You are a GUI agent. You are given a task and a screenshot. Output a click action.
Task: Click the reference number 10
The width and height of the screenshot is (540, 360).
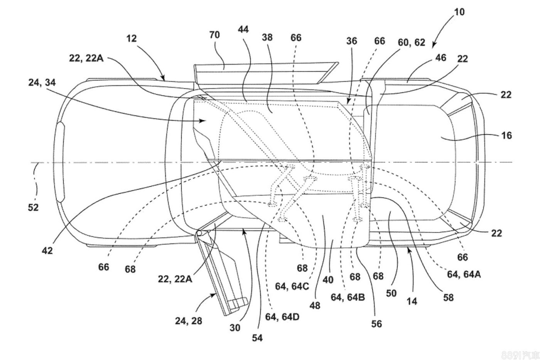pyautogui.click(x=459, y=12)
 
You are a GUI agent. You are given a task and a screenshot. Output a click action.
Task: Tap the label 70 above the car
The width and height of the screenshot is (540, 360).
pyautogui.click(x=214, y=35)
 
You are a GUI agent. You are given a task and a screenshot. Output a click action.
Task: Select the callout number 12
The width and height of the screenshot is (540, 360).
pyautogui.click(x=132, y=39)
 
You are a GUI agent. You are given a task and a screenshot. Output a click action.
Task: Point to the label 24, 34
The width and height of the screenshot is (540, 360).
pyautogui.click(x=42, y=83)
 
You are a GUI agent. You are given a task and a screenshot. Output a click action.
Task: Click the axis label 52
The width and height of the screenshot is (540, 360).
pyautogui.click(x=33, y=207)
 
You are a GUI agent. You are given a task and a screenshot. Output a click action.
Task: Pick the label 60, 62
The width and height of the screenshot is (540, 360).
pyautogui.click(x=411, y=42)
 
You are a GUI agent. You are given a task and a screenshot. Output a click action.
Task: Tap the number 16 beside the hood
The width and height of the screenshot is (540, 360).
pyautogui.click(x=506, y=135)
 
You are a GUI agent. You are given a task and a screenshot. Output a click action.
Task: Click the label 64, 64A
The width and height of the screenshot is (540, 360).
pyautogui.click(x=464, y=274)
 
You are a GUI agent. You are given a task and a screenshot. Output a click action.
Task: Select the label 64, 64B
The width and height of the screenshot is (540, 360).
pyautogui.click(x=348, y=297)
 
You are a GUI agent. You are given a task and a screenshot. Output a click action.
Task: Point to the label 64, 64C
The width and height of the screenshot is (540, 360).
pyautogui.click(x=292, y=286)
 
